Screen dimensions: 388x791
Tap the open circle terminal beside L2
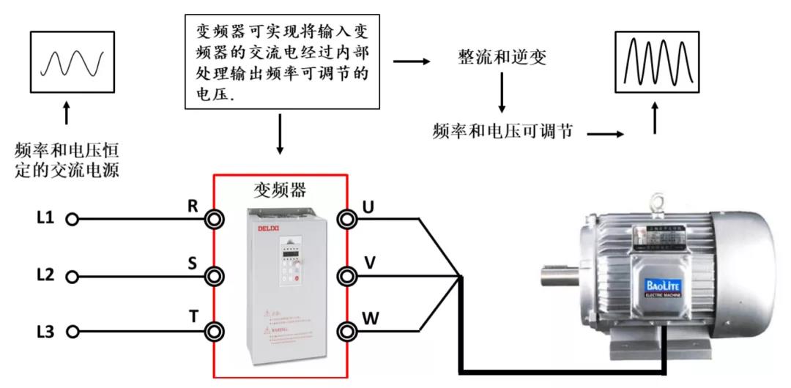point(72,276)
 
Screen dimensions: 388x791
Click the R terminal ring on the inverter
point(214,219)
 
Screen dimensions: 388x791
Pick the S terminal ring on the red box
point(214,276)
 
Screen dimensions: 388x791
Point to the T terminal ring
point(214,332)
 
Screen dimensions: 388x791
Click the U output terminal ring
point(347,218)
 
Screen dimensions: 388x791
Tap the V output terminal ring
point(347,276)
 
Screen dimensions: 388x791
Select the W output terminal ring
point(347,331)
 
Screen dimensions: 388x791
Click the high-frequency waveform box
point(653,63)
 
